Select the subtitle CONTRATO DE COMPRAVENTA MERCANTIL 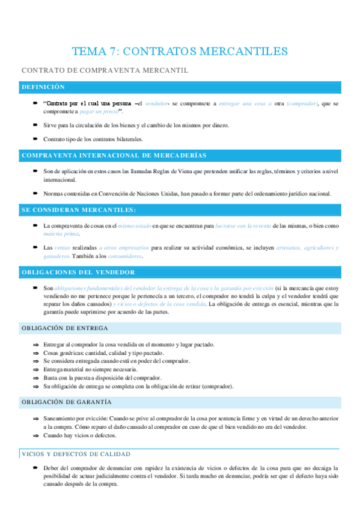[105, 70]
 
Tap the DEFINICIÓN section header [43, 87]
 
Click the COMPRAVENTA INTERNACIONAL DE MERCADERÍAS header [114, 155]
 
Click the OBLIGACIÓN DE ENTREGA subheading [64, 328]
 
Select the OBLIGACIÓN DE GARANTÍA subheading [66, 402]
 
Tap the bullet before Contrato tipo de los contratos [35, 139]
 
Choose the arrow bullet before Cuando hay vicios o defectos [36, 434]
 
